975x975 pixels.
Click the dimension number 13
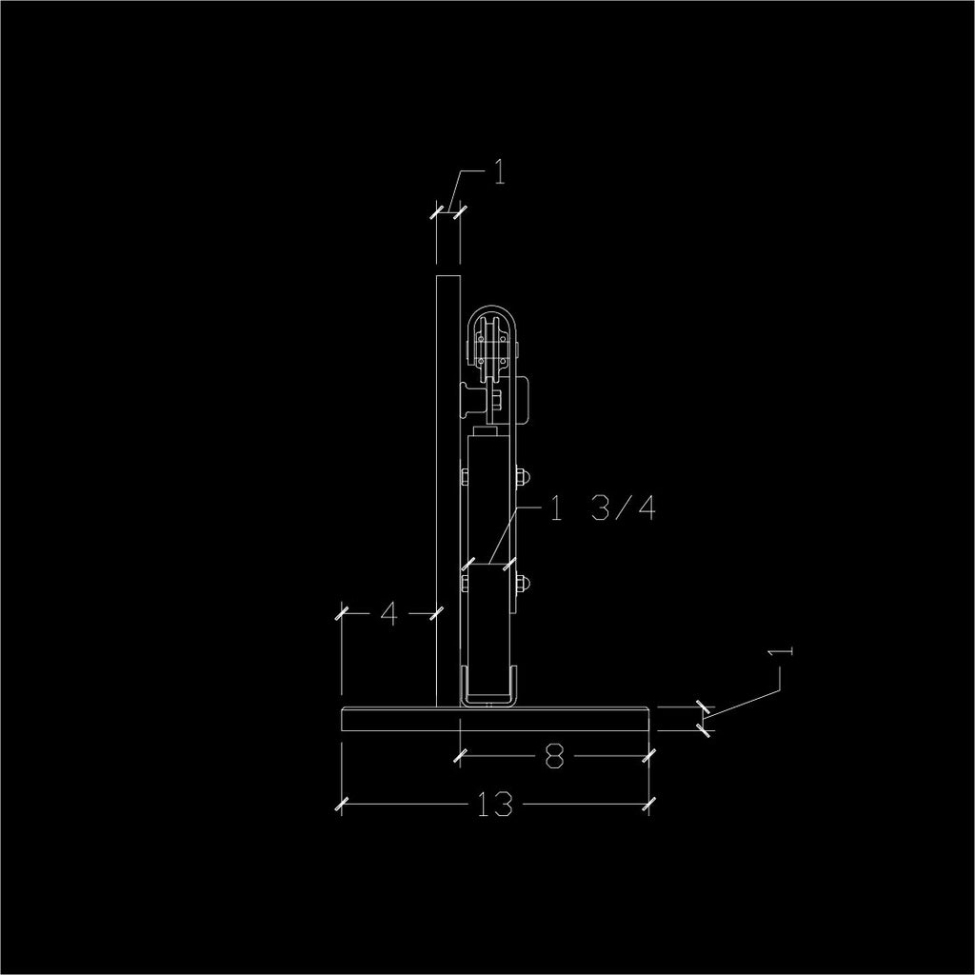[495, 804]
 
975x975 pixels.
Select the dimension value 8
[555, 756]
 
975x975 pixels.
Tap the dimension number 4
[388, 614]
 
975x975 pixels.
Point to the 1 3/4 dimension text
[602, 508]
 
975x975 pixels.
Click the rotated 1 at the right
[781, 651]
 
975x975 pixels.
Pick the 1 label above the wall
[499, 172]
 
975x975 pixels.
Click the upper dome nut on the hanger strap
[522, 478]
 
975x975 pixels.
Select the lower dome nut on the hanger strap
[522, 585]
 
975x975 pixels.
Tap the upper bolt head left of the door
[464, 478]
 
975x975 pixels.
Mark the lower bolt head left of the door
[464, 585]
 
